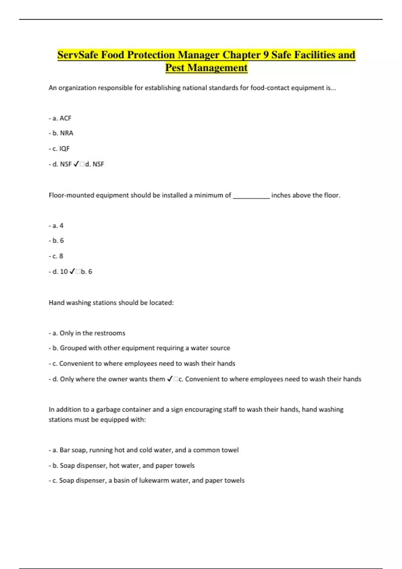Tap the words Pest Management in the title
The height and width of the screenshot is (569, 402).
click(206, 68)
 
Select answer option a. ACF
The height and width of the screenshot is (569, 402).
click(60, 118)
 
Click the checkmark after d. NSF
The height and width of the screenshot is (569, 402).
click(76, 164)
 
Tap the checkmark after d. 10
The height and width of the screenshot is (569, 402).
click(72, 271)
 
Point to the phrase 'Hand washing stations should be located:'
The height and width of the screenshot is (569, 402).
click(111, 303)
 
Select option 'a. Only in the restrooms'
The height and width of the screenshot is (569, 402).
click(87, 333)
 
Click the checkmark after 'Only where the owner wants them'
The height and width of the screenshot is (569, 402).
click(170, 379)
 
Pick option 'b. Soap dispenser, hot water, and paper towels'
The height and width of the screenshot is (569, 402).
click(122, 465)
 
